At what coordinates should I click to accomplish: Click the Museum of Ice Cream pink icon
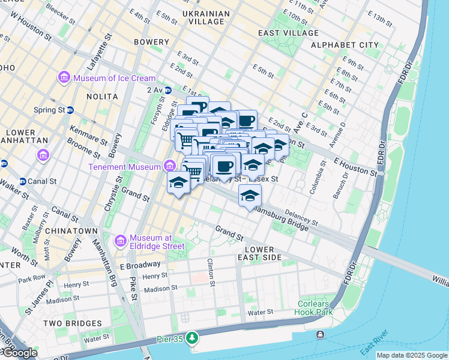64,78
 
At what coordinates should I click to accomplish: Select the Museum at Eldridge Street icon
120,241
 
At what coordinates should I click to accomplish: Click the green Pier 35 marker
191,338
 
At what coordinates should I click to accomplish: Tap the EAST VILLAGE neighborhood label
294,33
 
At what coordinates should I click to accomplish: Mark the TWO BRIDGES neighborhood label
68,323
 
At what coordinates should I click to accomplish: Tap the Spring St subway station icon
70,110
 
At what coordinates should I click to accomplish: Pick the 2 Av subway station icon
168,90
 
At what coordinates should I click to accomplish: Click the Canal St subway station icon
23,181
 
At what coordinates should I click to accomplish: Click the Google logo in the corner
19,353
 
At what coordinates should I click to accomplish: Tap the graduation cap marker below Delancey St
250,196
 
